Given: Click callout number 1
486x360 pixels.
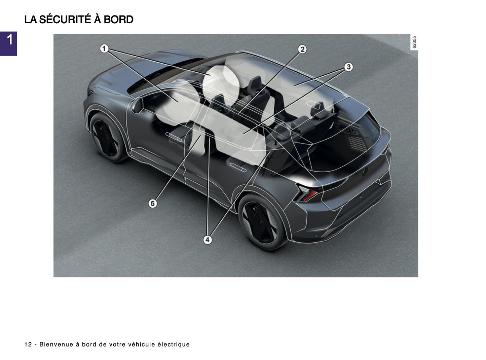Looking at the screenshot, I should (104, 49).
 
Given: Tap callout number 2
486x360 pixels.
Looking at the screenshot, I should (302, 49).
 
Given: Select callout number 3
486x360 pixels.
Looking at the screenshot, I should (348, 67).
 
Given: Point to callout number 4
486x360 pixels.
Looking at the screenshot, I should (208, 240).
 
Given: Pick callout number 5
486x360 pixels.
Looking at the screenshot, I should (153, 203).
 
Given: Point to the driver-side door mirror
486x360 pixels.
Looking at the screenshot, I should (137, 105).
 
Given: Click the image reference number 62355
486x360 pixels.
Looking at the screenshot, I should (414, 42).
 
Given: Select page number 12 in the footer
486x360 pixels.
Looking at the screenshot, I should (28, 344).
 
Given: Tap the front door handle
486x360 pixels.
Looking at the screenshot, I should (175, 136).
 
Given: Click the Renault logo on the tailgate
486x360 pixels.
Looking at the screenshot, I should (365, 172).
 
